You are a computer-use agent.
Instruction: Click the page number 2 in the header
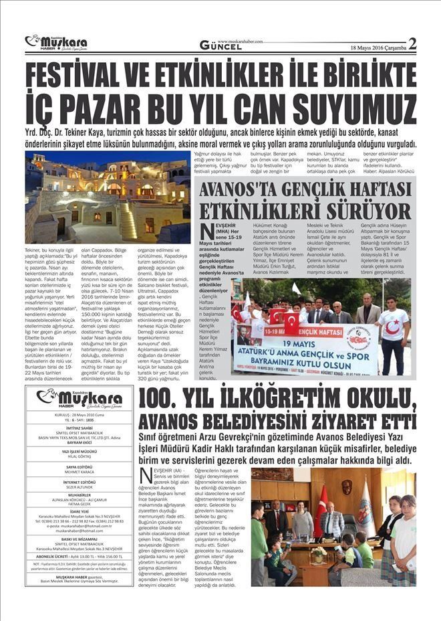tap(412, 44)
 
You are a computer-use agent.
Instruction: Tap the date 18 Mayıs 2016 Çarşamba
tap(378, 47)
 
